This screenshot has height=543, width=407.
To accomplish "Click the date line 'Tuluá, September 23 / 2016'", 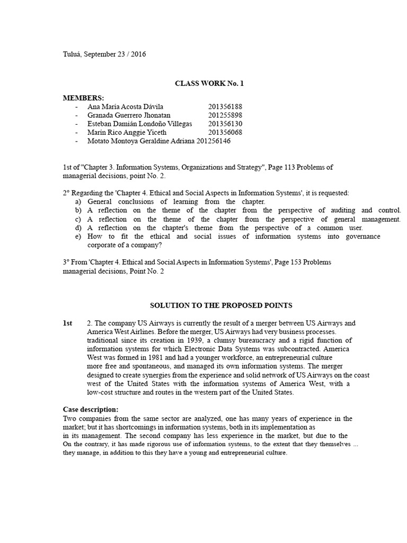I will coord(104,54).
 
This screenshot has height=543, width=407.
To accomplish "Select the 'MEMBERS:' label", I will coord(84,98).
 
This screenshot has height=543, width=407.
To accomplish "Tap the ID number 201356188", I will coord(225,107).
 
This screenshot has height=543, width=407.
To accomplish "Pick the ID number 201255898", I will coord(225,115).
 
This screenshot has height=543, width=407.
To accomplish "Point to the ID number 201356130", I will coord(225,124).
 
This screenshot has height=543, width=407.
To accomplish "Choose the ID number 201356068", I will coord(225,132).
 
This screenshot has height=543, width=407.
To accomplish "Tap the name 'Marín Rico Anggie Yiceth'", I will coord(127,132).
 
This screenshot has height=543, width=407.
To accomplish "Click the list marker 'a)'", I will coord(78,202).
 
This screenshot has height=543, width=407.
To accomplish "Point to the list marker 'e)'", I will coord(78,237).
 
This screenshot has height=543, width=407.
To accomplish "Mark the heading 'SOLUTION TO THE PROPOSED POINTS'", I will coord(221,305).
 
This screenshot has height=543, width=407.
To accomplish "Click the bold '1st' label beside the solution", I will coord(67,323).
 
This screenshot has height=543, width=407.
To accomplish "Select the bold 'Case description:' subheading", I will coord(91,409).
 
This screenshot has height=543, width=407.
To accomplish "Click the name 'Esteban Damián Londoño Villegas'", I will coord(140,124).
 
